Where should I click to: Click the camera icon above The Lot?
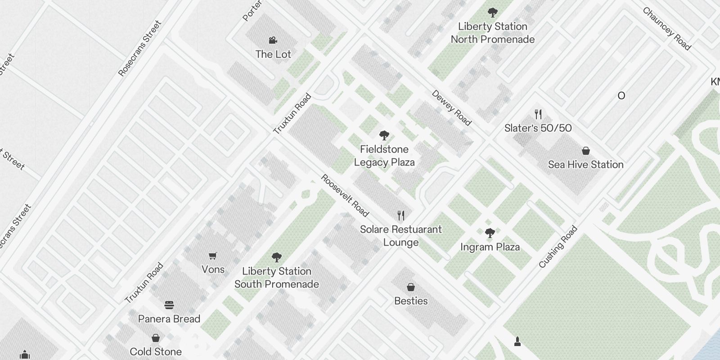273,40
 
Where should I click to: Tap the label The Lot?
273,54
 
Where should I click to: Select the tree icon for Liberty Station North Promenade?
493,13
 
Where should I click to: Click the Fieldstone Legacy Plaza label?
384,156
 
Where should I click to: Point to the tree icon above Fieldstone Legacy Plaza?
384,135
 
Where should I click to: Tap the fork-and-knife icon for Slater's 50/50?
538,114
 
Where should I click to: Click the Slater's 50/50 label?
538,128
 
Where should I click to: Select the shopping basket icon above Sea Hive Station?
586,150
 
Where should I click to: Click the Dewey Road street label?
451,108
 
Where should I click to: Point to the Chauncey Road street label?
666,28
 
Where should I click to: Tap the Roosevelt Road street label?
345,196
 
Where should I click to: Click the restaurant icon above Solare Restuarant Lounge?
401,216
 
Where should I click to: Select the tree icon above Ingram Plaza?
490,233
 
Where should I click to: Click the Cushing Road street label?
558,247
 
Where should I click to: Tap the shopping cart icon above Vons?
213,256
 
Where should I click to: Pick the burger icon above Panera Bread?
169,305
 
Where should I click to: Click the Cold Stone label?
156,351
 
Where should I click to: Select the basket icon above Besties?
411,287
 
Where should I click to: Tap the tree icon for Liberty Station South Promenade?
277,257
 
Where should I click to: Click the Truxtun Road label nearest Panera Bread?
144,283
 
